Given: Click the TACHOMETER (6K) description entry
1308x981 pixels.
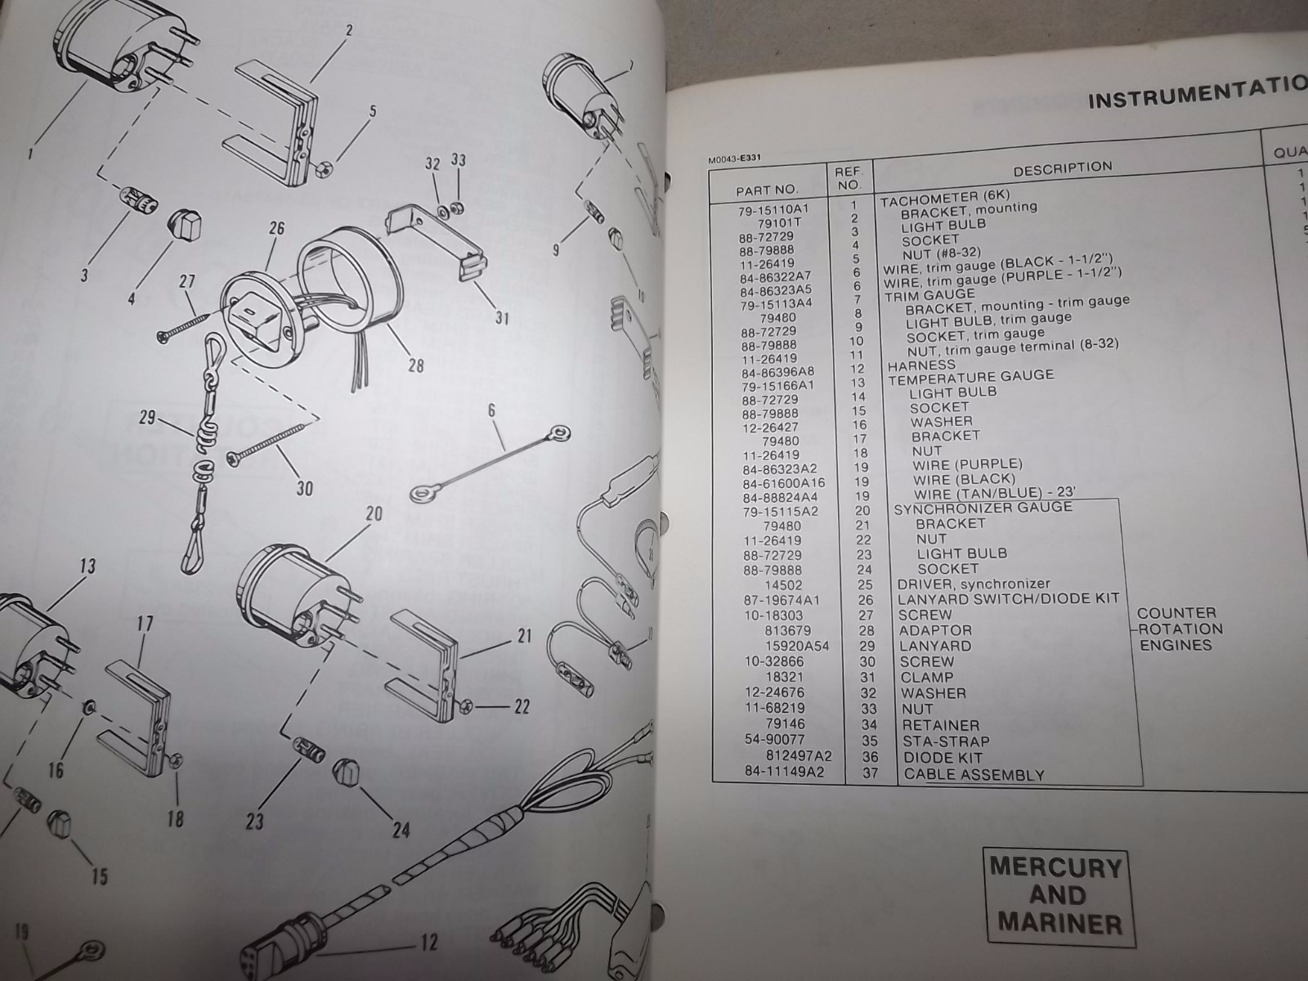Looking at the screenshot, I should click(945, 197).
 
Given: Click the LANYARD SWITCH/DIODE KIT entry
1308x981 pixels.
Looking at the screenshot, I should click(1007, 599).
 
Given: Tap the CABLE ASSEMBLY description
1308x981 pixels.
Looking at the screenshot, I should click(974, 774).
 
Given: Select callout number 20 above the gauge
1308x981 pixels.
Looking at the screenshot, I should click(374, 513).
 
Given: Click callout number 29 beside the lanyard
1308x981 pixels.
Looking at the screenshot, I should click(147, 419).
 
